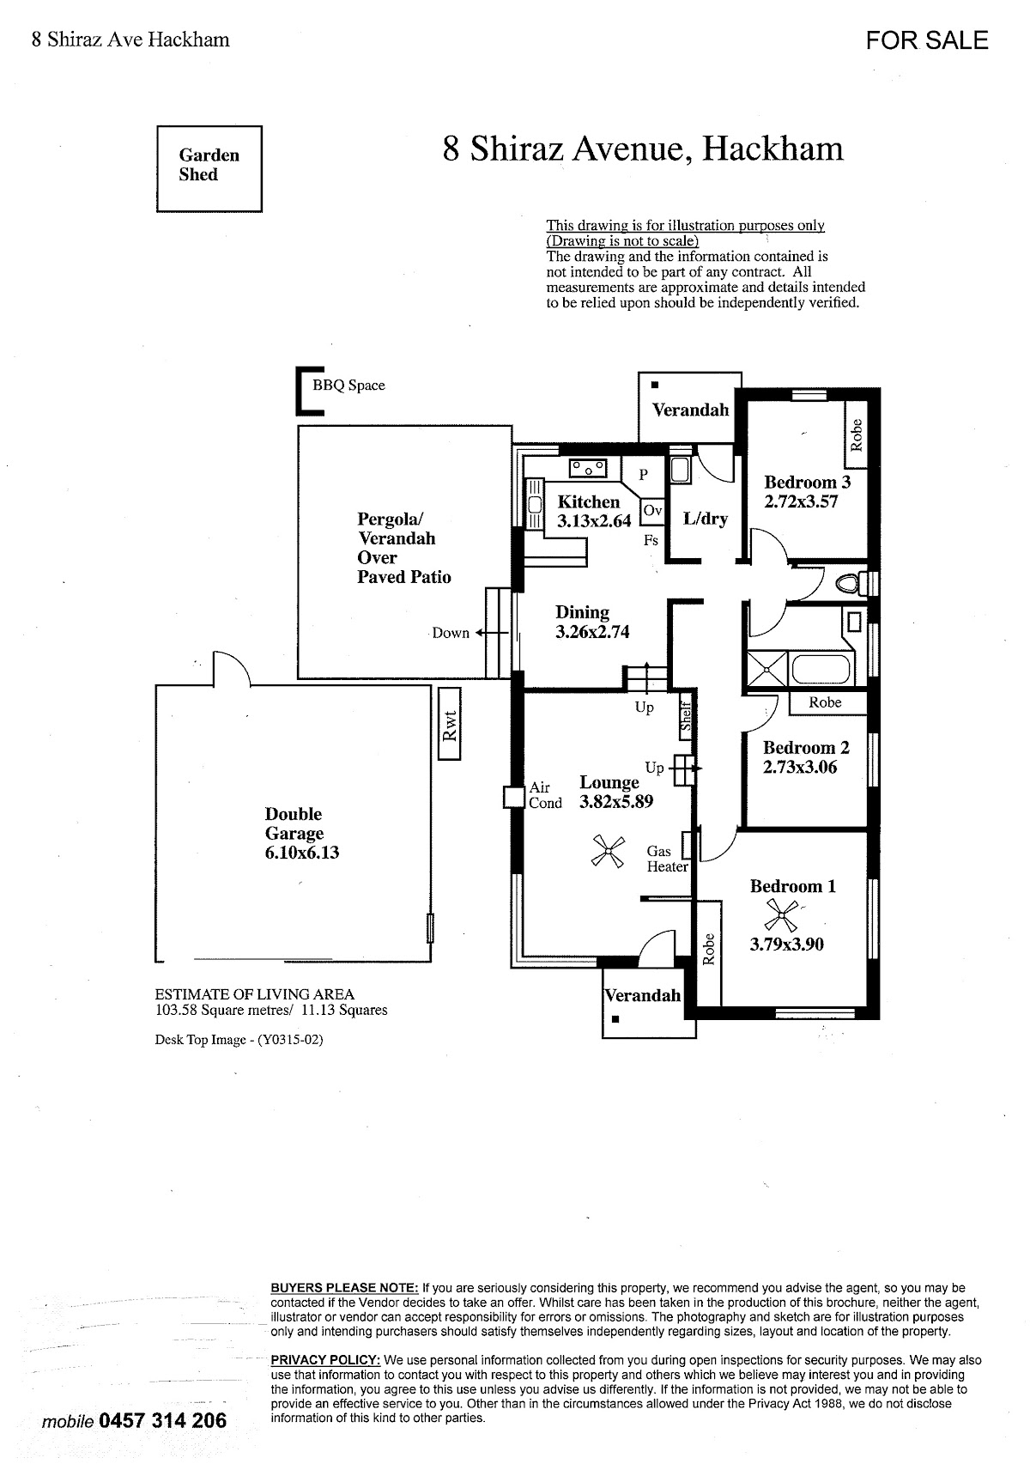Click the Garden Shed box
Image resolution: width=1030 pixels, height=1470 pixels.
click(x=209, y=168)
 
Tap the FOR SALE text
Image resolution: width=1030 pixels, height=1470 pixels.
click(x=926, y=40)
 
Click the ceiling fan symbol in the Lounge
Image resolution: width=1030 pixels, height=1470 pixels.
click(x=608, y=851)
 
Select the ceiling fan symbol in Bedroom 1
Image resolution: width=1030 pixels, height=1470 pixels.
click(x=781, y=914)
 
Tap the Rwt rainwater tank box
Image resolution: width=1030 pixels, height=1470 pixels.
click(x=450, y=724)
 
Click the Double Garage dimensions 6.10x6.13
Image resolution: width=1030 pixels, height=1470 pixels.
click(x=302, y=853)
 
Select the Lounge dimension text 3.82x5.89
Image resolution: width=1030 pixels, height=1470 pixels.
click(x=616, y=801)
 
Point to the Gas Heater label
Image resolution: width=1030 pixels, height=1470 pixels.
click(x=667, y=859)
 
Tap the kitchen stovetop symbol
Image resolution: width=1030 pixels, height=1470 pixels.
click(x=588, y=468)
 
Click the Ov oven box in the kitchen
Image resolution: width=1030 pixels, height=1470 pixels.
click(x=652, y=511)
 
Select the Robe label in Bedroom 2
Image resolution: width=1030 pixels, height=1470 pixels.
click(x=825, y=702)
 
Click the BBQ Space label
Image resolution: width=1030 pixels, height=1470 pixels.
click(x=348, y=386)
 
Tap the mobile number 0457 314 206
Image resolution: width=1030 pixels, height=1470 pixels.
click(x=163, y=1421)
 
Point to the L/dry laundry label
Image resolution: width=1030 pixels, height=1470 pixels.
click(x=706, y=519)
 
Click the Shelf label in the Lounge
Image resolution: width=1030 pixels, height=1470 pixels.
click(x=686, y=717)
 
